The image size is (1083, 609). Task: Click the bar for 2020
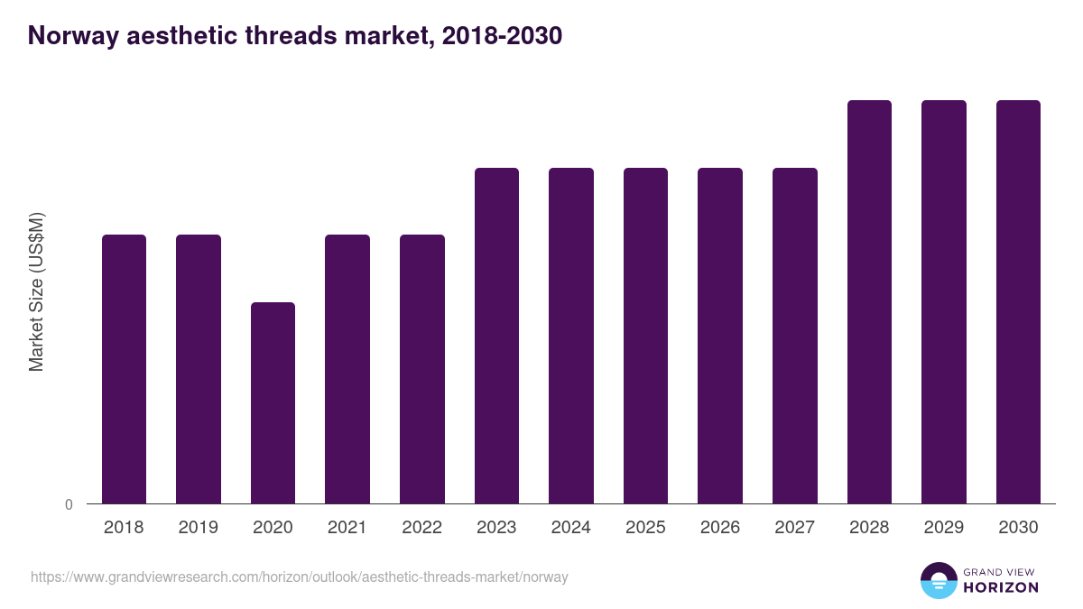273,402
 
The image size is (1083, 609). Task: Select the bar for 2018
124,369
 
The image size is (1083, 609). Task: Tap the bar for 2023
496,336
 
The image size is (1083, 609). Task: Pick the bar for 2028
869,302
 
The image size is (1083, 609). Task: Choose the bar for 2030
1018,302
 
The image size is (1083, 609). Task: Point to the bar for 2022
422,369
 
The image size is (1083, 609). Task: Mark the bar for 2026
720,336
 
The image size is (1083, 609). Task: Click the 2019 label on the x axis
199,528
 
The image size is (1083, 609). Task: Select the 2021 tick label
347,528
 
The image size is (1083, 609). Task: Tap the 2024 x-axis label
571,528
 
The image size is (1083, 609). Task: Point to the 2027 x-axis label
795,528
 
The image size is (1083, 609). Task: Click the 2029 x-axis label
944,528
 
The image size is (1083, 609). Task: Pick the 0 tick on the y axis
69,504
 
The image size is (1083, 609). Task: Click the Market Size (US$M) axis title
36,291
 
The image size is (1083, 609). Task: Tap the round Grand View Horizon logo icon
939,580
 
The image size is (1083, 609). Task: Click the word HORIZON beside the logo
1001,587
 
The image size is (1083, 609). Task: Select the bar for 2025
645,336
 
